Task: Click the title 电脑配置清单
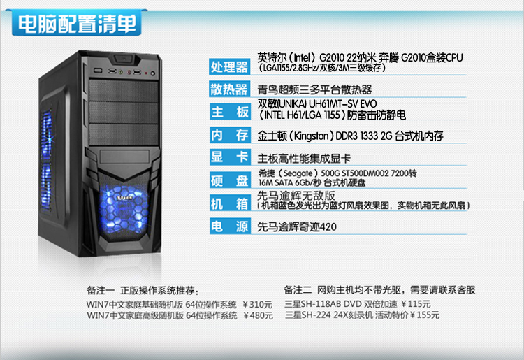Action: point(78,24)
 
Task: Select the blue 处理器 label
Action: point(230,66)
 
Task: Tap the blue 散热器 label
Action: point(230,89)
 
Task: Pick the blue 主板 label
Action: point(230,112)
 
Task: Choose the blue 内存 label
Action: point(230,135)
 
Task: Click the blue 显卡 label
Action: point(230,157)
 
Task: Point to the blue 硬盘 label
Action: point(230,180)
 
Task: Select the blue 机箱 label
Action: point(230,203)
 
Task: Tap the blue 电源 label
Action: point(230,226)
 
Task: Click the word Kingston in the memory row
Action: point(312,136)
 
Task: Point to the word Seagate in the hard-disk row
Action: point(298,173)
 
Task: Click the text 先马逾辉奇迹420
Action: point(297,227)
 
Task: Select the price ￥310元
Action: point(257,305)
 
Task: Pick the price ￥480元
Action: point(258,315)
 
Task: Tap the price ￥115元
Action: point(416,304)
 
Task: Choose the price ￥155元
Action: point(424,315)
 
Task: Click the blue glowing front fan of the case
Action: point(124,210)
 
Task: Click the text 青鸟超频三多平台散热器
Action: point(314,89)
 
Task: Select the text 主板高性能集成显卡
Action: point(304,159)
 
